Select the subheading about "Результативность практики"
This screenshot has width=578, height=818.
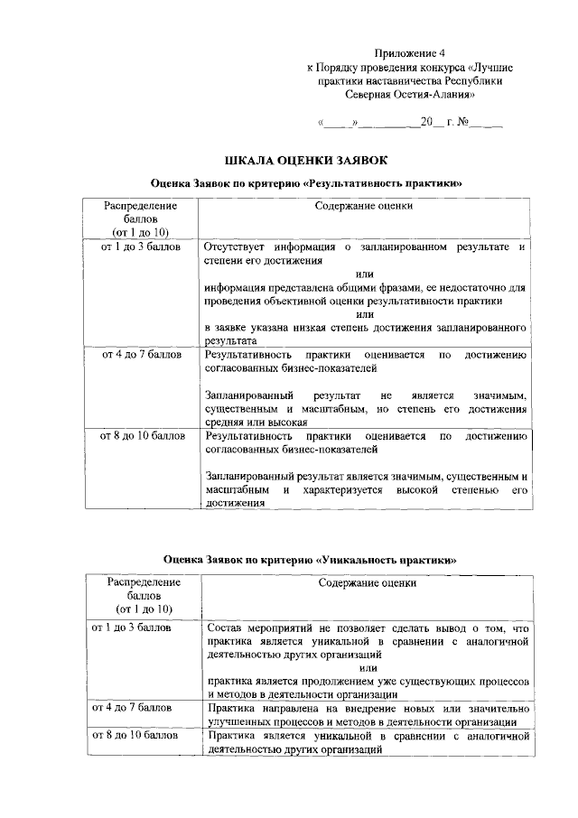tap(306, 183)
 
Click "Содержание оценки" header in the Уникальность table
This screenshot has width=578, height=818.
tap(367, 583)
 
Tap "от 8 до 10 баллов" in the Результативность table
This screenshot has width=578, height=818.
tap(142, 437)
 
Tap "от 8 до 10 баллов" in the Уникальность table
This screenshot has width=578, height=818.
tap(134, 737)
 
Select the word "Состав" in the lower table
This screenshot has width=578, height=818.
tap(224, 627)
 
